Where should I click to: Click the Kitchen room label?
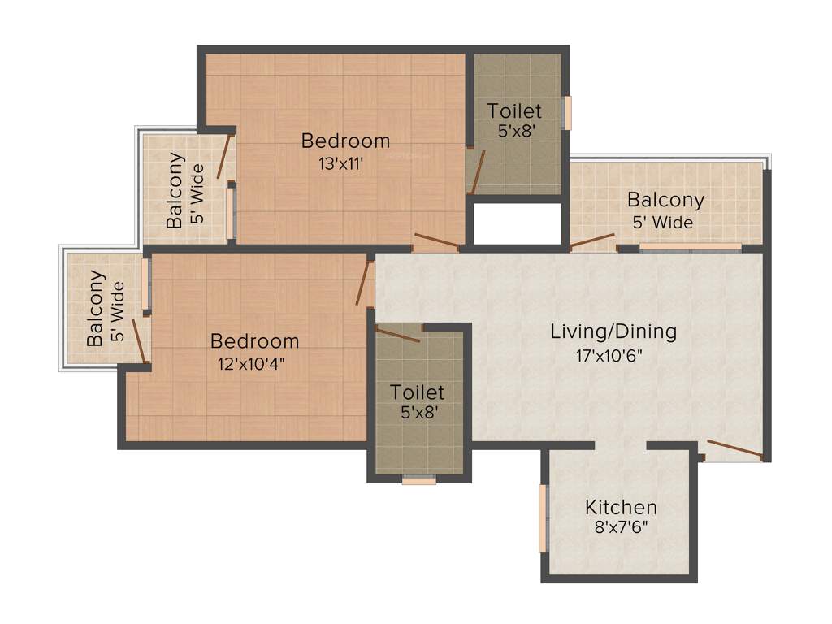coord(621,508)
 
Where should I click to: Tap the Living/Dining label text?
coord(613,331)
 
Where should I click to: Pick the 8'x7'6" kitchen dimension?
coord(621,527)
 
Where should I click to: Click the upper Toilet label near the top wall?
coord(514,110)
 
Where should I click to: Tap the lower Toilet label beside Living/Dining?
coord(417,392)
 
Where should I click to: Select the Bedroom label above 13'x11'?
coord(345,141)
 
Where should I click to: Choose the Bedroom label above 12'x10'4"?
coord(254,341)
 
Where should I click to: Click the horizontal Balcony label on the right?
coord(665,200)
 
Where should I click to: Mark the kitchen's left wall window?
coord(543,518)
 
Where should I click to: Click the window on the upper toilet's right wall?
coord(568,112)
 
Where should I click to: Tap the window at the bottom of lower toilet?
coord(419,480)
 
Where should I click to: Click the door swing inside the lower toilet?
coord(398,334)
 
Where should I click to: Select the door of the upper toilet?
coord(477,171)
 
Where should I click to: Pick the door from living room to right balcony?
coord(591,240)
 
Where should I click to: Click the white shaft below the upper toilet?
coord(518,223)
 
